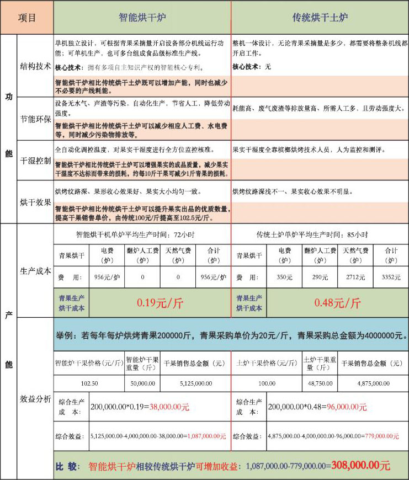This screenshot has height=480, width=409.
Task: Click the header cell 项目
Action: pyautogui.click(x=27, y=17)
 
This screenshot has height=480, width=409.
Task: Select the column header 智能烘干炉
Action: pyautogui.click(x=142, y=17)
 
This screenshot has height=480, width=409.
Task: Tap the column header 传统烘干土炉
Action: pyautogui.click(x=320, y=18)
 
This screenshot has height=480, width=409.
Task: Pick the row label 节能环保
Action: pyautogui.click(x=36, y=119)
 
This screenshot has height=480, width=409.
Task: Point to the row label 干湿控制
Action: pyautogui.click(x=36, y=161)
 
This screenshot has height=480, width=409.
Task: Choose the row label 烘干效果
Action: pyautogui.click(x=36, y=202)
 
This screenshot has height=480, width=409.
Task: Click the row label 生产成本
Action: pyautogui.click(x=36, y=271)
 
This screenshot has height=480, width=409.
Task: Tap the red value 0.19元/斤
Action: pyautogui.click(x=160, y=303)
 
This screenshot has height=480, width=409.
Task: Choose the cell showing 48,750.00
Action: pyautogui.click(x=319, y=382)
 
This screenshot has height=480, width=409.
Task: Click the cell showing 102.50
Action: pyautogui.click(x=89, y=382)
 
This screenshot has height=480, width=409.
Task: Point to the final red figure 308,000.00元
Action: pyautogui.click(x=360, y=466)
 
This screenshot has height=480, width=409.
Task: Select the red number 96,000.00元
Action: pyautogui.click(x=347, y=407)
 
